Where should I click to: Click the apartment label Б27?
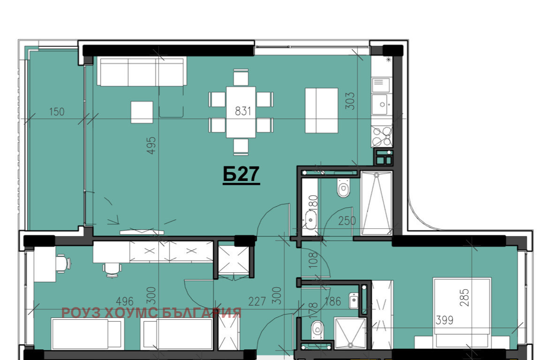click(241, 174)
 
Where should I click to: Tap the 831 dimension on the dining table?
click(243, 111)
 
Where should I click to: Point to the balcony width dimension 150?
click(57, 112)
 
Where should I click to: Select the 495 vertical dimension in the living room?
click(152, 145)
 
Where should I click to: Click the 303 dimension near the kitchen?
click(350, 101)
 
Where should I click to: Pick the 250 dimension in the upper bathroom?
click(347, 221)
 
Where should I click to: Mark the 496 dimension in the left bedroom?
click(125, 301)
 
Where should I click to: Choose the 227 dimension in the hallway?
click(257, 301)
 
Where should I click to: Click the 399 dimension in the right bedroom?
click(444, 320)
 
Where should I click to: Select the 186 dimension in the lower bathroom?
click(333, 301)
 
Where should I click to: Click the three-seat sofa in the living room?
click(142, 72)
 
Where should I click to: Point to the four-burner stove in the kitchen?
click(382, 136)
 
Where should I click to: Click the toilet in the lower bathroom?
click(318, 330)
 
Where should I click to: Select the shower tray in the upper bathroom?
click(376, 203)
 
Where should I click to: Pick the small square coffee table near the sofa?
click(142, 112)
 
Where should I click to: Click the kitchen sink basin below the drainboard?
click(382, 105)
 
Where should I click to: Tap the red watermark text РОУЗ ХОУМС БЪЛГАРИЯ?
click(152, 313)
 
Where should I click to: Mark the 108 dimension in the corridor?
click(313, 260)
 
